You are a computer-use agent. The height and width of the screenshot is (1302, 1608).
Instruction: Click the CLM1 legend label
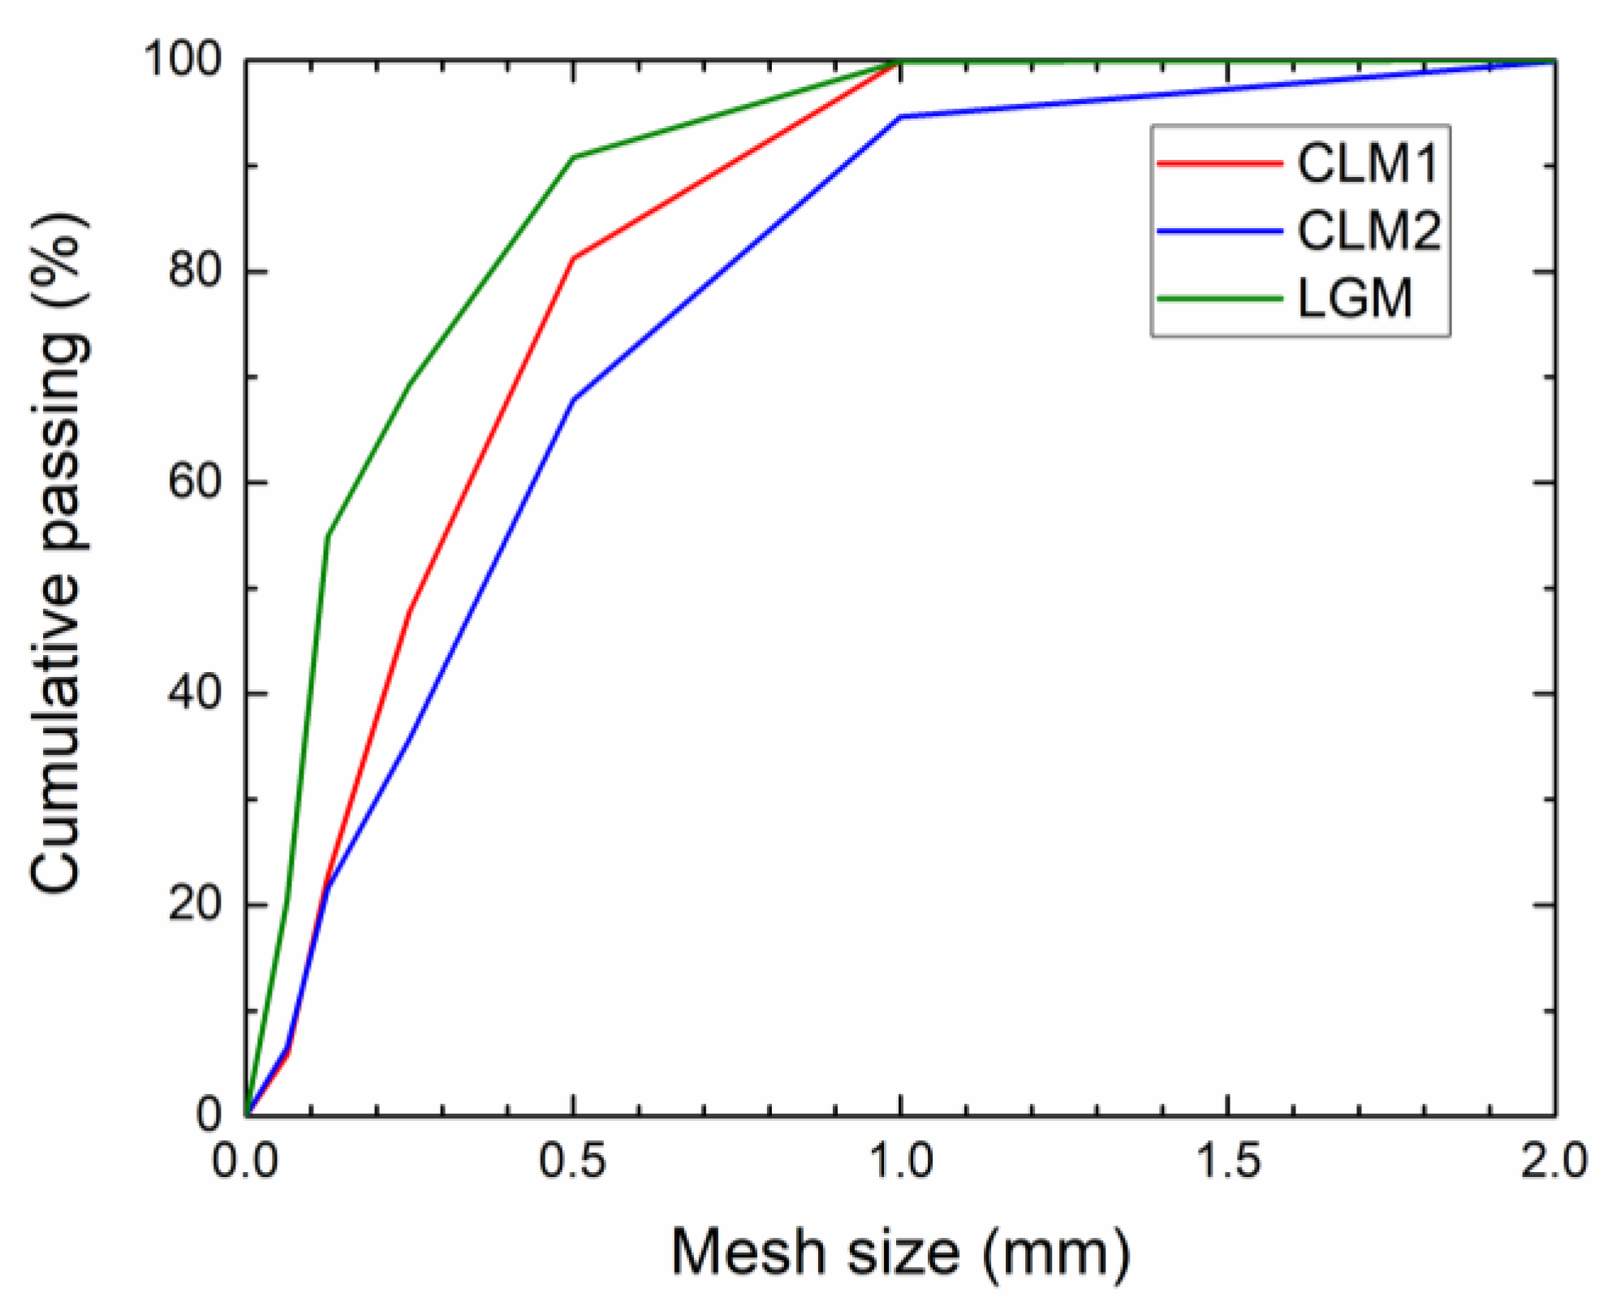1367,163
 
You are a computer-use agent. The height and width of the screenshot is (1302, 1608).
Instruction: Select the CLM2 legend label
1369,231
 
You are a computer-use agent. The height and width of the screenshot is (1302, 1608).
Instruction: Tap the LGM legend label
1355,298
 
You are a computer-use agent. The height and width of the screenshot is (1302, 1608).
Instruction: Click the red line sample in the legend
1218,163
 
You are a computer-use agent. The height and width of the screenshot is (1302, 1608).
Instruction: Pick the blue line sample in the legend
1218,231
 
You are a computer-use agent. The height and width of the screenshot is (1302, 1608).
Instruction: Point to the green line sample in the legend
1218,299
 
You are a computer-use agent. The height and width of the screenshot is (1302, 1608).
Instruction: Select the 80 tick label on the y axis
195,270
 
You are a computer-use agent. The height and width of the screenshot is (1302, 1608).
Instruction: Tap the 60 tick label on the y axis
195,481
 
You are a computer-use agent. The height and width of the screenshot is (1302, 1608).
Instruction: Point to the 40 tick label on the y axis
195,693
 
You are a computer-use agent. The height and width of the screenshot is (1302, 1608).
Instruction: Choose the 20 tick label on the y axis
195,903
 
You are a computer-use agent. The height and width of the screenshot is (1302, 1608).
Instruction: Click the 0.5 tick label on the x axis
573,1161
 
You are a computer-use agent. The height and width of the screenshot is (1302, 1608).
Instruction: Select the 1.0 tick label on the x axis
901,1161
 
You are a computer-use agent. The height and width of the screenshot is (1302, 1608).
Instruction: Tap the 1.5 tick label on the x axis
1228,1161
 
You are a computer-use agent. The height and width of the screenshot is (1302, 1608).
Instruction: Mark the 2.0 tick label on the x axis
1554,1161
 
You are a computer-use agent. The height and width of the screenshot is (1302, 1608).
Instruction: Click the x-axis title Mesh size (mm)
900,1252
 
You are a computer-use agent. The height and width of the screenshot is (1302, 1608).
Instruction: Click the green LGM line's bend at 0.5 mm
574,157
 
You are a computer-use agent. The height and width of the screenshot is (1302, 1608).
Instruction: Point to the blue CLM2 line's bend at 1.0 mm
901,117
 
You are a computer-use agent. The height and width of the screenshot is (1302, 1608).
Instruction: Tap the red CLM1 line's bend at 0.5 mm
574,258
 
